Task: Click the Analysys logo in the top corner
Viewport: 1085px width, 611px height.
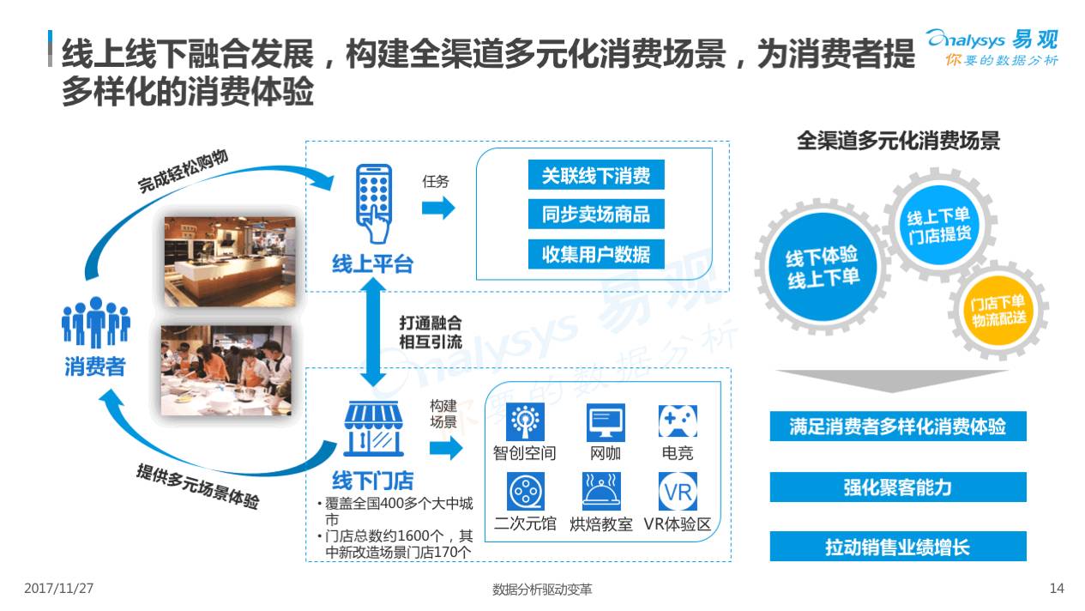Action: point(992,46)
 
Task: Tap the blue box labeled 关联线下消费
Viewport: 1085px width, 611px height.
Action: point(595,176)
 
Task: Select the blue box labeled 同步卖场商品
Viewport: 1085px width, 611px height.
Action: point(595,215)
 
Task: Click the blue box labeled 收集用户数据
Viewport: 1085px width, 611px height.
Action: point(595,253)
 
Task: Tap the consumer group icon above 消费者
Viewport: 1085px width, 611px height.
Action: point(95,323)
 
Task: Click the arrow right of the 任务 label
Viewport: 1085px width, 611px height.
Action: point(437,208)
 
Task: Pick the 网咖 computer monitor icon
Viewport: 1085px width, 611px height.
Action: point(606,423)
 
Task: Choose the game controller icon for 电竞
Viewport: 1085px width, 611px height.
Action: point(677,422)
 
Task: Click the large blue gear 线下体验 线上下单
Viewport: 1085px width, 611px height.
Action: point(823,268)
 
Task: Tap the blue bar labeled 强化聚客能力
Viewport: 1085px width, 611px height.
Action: point(897,487)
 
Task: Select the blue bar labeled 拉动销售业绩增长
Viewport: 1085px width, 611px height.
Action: point(897,547)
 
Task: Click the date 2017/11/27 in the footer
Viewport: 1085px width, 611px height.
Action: point(59,589)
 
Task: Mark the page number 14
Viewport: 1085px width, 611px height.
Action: point(1056,589)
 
